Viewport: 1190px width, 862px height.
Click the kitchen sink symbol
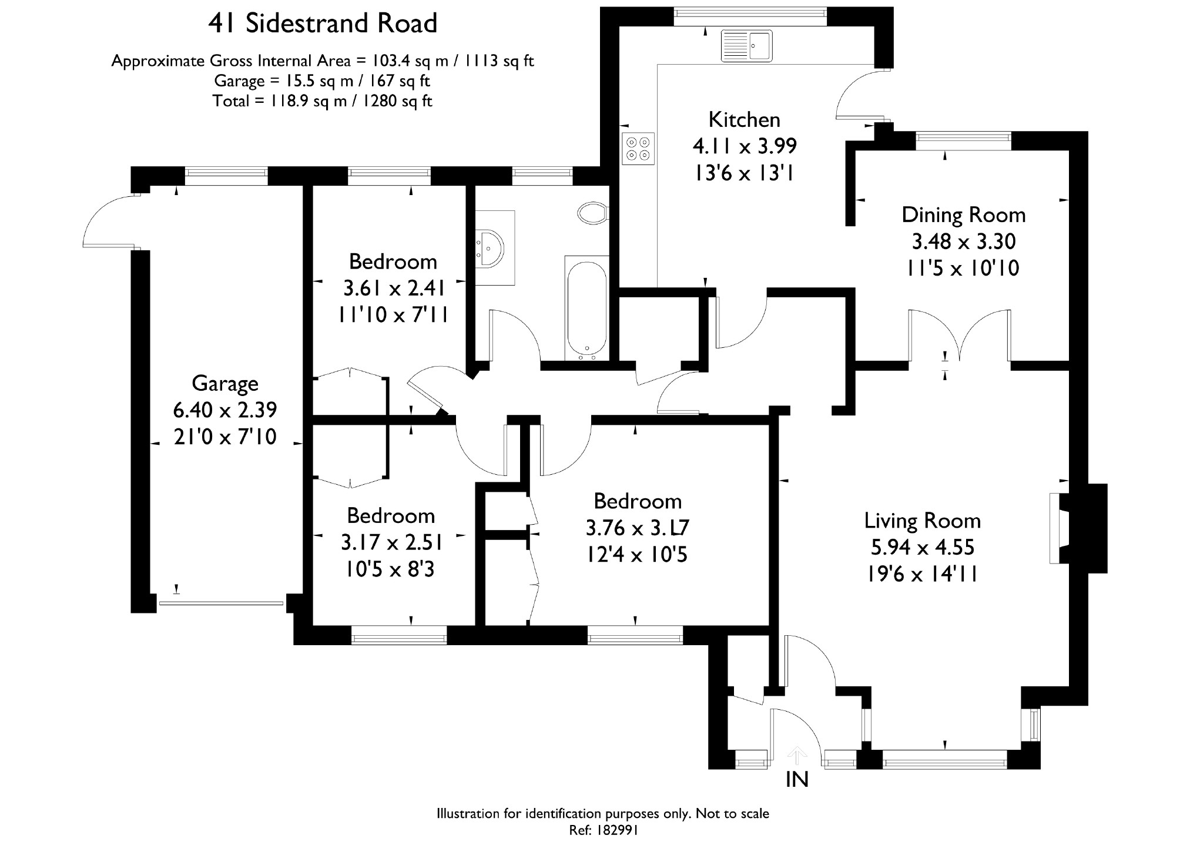pos(746,45)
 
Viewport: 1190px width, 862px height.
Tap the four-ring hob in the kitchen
pos(638,148)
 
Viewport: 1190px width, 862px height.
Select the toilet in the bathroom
pos(593,213)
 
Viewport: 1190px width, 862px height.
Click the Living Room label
pos(922,521)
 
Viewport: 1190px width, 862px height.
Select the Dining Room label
pos(963,215)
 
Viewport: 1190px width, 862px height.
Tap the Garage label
pos(225,384)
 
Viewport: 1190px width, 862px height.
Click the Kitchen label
pos(744,120)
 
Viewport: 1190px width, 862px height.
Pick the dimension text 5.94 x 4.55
pos(922,547)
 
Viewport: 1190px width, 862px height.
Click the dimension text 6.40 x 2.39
pos(225,410)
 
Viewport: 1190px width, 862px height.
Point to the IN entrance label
pos(797,779)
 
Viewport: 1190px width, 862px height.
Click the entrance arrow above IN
pos(797,754)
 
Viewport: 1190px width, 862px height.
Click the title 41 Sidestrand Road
pos(323,24)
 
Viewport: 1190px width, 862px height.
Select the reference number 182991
pos(617,830)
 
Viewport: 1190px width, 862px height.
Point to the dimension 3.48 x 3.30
pos(963,242)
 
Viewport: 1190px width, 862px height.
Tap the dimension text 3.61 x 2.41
pos(393,289)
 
